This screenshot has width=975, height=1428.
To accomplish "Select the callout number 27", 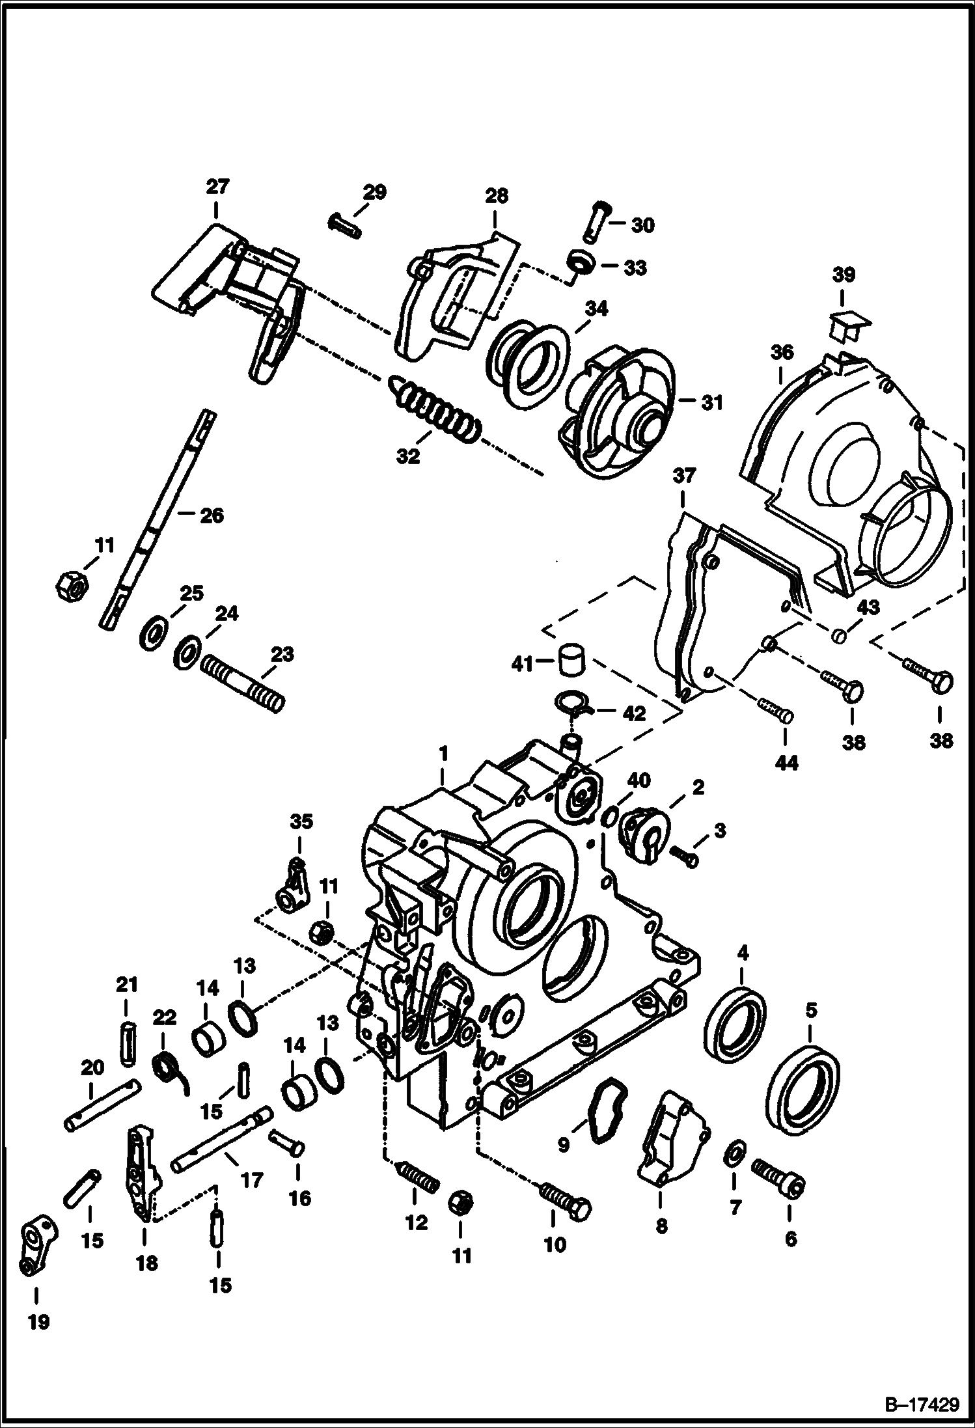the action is pos(217,187).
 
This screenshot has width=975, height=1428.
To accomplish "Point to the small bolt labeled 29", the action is pos(346,225).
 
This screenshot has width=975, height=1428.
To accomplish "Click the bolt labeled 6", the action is pos(779,1176).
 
